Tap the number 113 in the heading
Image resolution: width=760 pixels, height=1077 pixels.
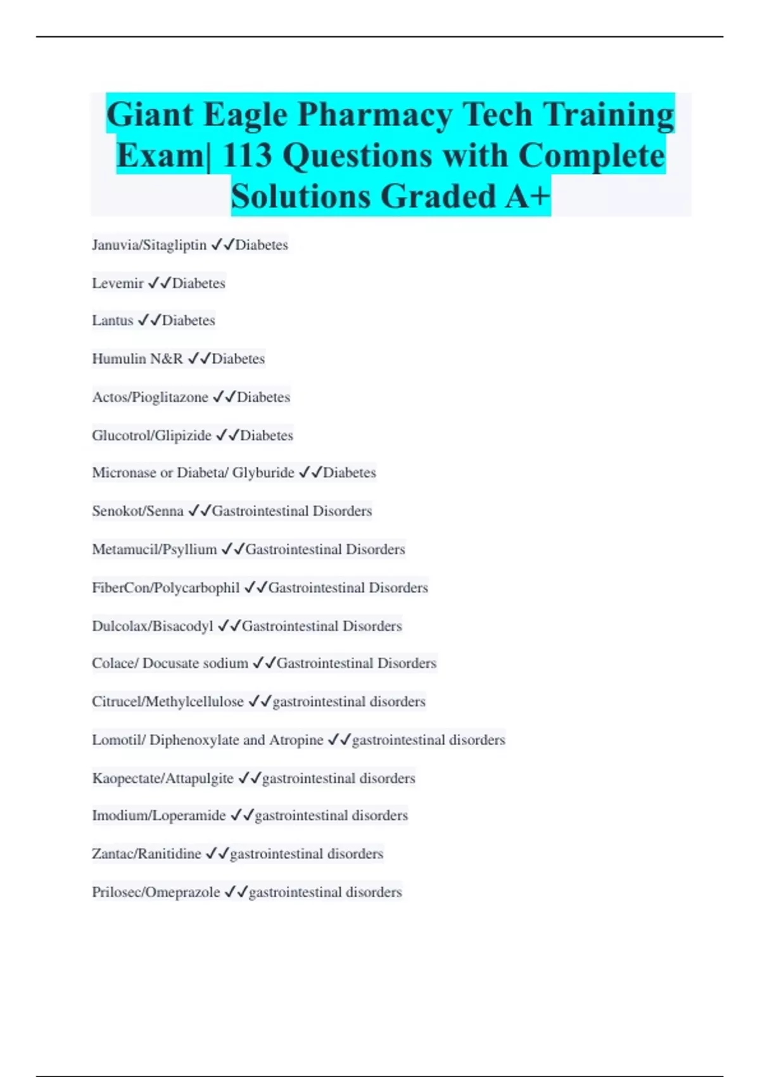point(247,156)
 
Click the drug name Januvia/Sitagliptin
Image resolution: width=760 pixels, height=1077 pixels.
point(149,245)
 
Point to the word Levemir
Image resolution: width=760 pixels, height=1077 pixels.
point(118,283)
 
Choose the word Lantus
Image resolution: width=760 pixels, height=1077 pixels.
point(113,321)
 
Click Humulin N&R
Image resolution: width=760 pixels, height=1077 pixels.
point(137,359)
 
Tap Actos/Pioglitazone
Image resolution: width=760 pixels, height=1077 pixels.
point(150,397)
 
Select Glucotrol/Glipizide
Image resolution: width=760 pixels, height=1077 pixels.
point(151,436)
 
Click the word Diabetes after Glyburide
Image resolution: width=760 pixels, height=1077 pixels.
point(350,473)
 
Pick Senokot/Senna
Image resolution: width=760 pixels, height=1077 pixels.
point(137,511)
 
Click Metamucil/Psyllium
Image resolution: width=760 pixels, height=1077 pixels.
point(155,549)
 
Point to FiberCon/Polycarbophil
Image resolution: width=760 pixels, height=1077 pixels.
point(166,588)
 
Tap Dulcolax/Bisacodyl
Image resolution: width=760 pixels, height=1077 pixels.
point(153,626)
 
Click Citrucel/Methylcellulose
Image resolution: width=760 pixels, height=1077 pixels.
point(168,702)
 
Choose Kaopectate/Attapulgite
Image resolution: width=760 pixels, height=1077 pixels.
point(163,778)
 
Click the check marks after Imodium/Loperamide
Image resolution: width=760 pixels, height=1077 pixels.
point(242,815)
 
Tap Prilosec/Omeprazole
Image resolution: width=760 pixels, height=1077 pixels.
point(156,892)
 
